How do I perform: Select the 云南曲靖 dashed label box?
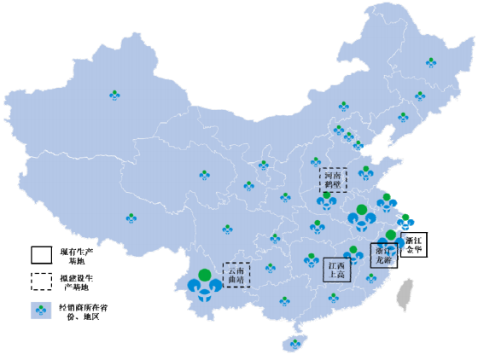point(236,274)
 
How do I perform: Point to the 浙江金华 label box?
point(413,245)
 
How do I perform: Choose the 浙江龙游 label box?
point(383,256)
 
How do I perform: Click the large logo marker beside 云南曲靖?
point(203,287)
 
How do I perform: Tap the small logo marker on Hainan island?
point(295,343)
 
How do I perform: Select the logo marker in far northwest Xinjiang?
point(114,95)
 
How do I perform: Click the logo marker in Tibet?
point(131,218)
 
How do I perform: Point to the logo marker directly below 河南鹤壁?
point(325,200)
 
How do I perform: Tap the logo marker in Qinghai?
point(204,174)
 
